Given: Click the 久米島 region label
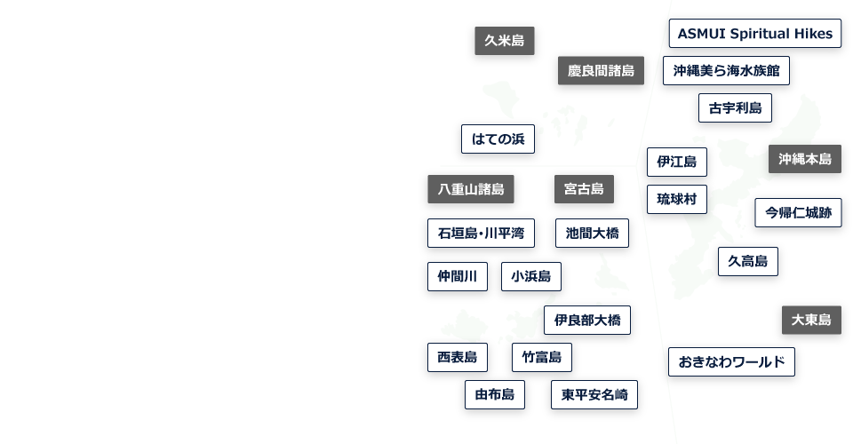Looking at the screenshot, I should coord(504,42).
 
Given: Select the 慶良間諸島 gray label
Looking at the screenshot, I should coord(601,71).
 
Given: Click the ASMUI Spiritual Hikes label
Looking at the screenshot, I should coord(754,35).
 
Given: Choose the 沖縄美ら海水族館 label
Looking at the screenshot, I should coord(726,71).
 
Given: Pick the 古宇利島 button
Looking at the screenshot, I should coord(735,108).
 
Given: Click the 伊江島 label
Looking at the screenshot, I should coord(676,162).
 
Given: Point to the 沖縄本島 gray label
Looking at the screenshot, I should coord(804,159).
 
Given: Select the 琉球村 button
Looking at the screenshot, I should coord(676,199).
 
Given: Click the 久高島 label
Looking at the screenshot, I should coord(747,262).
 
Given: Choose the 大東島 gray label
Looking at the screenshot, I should coord(811,321).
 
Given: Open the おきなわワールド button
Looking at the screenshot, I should coord(730,362).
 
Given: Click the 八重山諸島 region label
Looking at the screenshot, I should coord(470,189).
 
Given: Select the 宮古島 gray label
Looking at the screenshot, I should coord(584,189).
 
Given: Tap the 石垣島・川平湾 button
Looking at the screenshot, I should coord(481,234).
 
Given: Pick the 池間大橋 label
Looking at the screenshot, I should coord(592,234).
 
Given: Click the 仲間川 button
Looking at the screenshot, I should coord(457,276).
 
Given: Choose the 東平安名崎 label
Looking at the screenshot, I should coord(594,395).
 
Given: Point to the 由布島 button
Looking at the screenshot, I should coord(494,395).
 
